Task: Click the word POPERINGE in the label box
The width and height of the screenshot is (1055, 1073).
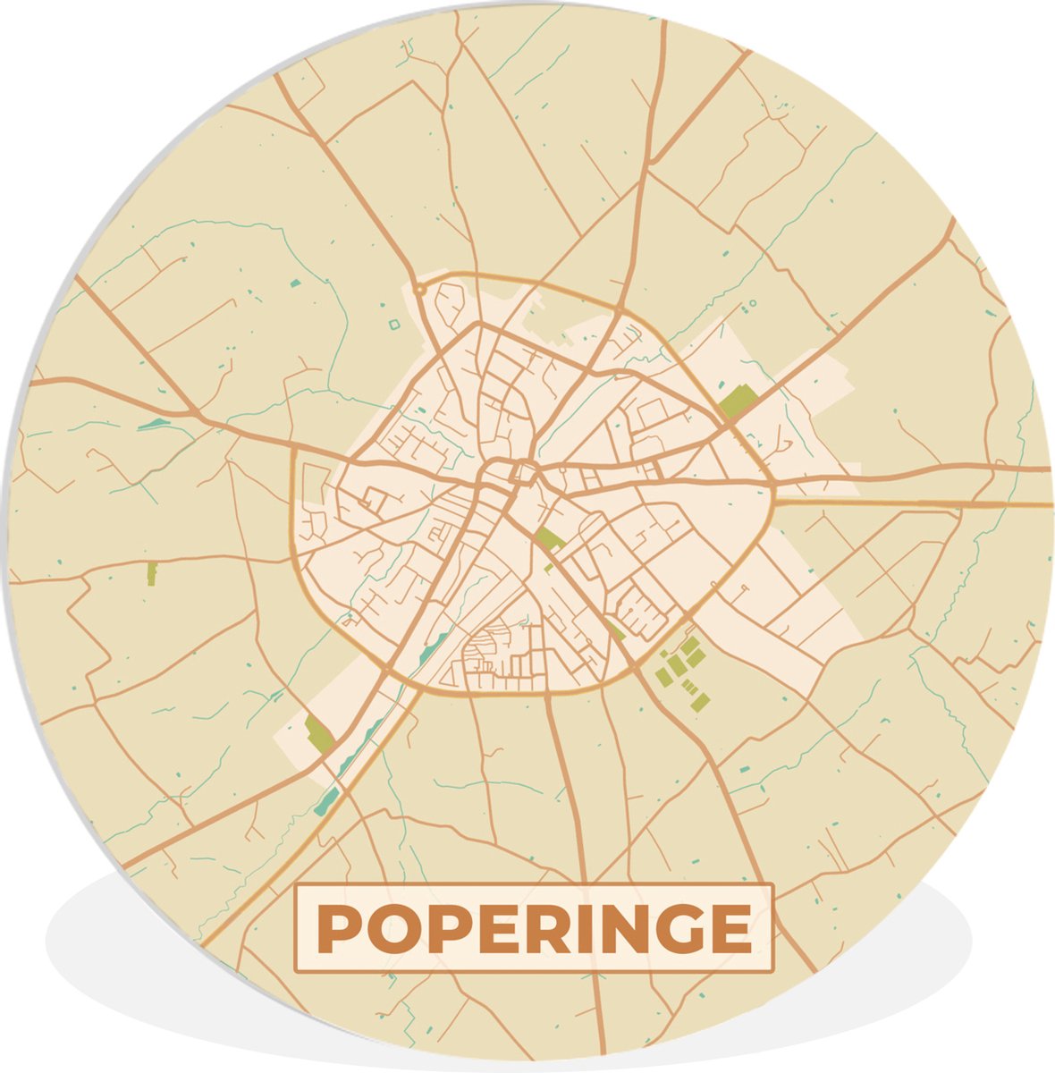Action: point(534,929)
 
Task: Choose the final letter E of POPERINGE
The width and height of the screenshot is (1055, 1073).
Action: point(735,930)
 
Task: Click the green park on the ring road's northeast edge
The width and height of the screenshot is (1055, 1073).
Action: point(738,401)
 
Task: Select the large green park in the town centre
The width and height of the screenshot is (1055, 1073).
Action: point(549,538)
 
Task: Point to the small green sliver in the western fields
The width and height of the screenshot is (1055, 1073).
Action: point(151,573)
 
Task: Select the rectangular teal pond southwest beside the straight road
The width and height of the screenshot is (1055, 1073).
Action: point(327,798)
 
